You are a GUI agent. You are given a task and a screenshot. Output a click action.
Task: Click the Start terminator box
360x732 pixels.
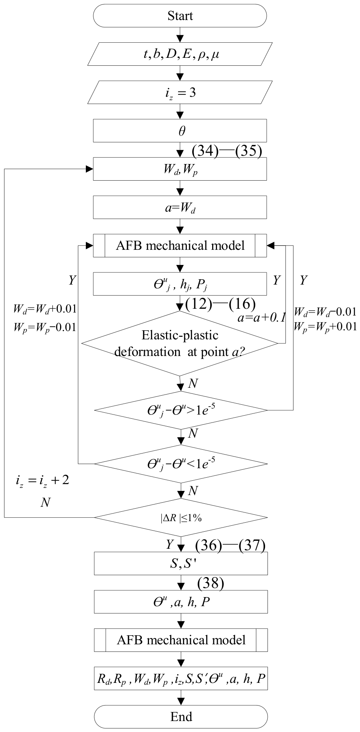(180, 16)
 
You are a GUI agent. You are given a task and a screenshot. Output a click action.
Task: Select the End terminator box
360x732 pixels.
(181, 717)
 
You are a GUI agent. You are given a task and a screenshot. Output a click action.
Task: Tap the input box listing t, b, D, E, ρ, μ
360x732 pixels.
(180, 55)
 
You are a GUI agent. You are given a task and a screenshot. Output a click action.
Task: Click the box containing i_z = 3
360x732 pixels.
(180, 93)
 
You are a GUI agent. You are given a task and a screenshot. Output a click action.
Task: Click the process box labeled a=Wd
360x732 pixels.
(180, 207)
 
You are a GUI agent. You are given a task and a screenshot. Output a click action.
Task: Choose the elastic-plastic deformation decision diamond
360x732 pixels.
(180, 344)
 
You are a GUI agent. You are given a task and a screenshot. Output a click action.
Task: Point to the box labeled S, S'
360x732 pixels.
(181, 563)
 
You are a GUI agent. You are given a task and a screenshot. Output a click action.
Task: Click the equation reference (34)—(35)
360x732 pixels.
(227, 151)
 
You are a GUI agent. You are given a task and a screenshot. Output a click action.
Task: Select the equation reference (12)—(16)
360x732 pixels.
(220, 304)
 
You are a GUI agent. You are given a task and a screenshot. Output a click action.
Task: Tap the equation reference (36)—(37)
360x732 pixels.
(230, 546)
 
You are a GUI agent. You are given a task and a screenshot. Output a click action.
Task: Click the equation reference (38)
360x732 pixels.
(211, 583)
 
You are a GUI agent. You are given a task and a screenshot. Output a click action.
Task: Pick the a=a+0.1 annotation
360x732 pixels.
(261, 318)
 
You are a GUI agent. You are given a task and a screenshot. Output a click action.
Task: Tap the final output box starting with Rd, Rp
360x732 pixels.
(181, 678)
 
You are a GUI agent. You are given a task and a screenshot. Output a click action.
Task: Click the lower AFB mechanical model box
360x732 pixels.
(181, 640)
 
